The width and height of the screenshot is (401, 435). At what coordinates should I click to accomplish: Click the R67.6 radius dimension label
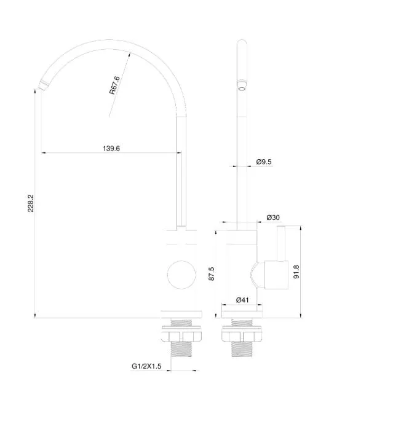tap(114, 85)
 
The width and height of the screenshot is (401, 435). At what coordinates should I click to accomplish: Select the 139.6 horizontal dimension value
tap(111, 149)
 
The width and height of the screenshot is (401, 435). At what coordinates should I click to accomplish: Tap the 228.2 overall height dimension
tap(31, 203)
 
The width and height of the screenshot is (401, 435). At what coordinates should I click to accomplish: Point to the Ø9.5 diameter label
tap(264, 162)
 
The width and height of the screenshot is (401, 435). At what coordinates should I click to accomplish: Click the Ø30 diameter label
tap(273, 217)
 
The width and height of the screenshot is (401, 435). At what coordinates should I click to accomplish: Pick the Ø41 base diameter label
tap(242, 300)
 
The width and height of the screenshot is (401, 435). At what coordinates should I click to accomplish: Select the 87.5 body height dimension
tap(212, 274)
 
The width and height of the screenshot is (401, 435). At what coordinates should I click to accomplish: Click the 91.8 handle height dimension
tap(296, 272)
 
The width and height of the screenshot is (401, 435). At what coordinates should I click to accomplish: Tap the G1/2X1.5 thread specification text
tap(146, 366)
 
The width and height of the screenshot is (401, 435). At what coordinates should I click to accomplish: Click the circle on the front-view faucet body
tap(181, 275)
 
